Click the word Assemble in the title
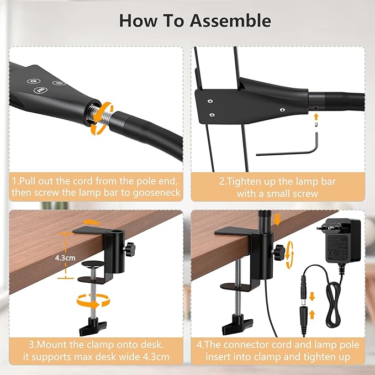(x=230, y=21)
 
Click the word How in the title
(x=139, y=21)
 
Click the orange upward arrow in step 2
(x=315, y=116)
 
